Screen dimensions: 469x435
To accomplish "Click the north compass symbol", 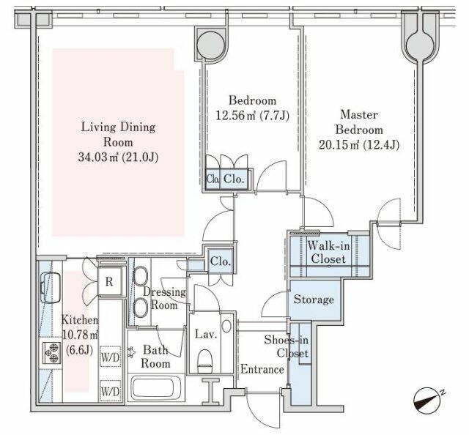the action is click(x=427, y=400).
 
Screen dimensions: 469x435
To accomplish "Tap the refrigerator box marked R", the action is click(x=109, y=282).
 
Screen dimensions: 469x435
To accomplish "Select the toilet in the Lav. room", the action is click(x=205, y=361).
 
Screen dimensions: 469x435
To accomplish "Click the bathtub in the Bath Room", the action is click(x=156, y=388).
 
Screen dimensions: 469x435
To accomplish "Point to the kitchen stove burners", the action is click(x=51, y=353).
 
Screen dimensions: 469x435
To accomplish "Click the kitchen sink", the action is click(x=51, y=288).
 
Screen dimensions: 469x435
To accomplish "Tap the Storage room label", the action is click(x=314, y=299).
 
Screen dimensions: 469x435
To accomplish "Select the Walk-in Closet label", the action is click(x=328, y=253).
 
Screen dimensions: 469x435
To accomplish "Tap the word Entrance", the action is click(x=262, y=369).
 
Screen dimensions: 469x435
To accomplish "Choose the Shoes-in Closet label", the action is click(x=287, y=346).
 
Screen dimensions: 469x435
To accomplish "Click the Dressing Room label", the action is click(x=164, y=298).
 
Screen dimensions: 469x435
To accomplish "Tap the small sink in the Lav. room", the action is click(x=226, y=326).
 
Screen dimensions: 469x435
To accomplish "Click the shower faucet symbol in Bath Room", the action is click(x=130, y=352).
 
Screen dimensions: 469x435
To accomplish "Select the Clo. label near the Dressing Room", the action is click(x=221, y=261).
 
